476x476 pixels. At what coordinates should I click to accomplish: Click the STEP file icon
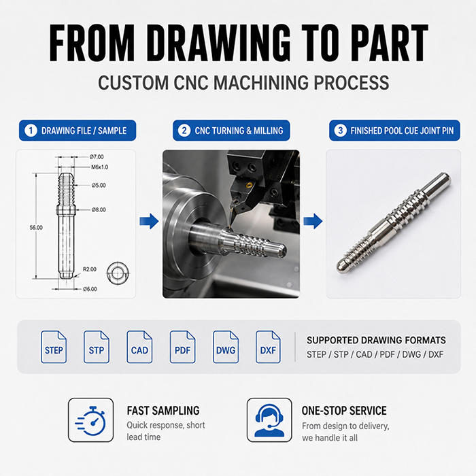coord(54,347)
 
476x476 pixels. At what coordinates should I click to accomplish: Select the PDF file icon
coord(182,347)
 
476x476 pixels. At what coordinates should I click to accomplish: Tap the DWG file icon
coord(226,347)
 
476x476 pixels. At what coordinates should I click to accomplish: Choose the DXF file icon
coord(268,347)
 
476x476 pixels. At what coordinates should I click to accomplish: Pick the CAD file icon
coord(139,347)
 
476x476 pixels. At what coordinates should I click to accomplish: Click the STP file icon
coord(97,347)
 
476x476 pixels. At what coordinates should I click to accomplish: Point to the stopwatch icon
coord(90,420)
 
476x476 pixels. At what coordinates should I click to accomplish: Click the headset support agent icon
coord(269,420)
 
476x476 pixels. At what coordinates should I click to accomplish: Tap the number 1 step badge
coord(31,131)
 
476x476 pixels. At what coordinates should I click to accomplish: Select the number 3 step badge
coord(340,131)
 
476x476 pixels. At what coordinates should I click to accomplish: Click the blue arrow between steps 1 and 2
coord(149,221)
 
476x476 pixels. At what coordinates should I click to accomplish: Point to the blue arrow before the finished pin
coord(313,221)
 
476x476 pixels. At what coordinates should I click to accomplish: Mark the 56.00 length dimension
coord(36,227)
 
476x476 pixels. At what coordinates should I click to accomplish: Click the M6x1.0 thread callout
coord(99,167)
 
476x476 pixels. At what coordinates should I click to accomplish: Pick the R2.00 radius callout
coord(90,269)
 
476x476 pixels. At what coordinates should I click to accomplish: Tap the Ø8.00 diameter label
coord(99,209)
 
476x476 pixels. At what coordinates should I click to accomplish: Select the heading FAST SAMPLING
coord(163,411)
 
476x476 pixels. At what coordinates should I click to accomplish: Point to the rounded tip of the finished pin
coord(341,267)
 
